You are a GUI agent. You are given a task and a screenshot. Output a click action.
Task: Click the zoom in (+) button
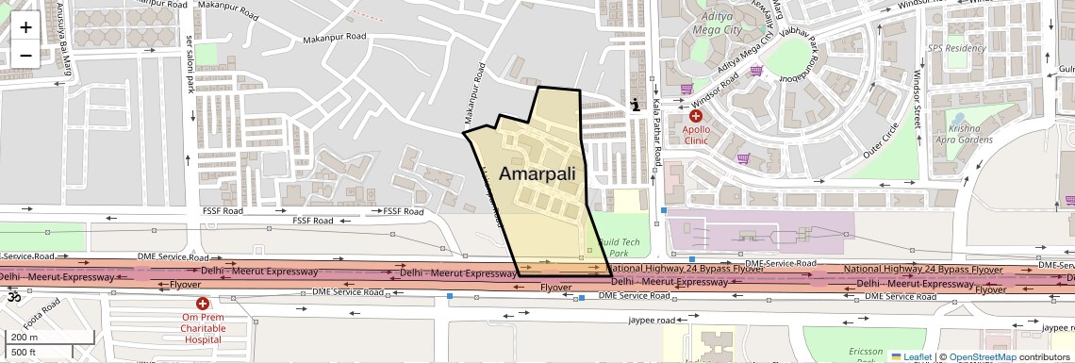[x=25, y=26]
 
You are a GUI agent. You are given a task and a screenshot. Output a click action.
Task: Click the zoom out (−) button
[x=25, y=55]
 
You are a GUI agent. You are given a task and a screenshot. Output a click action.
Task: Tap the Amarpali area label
[x=537, y=173]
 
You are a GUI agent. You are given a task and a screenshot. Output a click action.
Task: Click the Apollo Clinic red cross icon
[x=696, y=116]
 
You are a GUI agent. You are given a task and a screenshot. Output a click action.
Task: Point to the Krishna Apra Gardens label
[x=960, y=133]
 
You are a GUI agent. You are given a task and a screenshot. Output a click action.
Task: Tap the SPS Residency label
[x=955, y=48]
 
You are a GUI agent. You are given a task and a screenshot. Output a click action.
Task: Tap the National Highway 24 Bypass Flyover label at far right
[x=923, y=270]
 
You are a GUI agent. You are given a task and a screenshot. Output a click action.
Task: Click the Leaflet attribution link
[x=911, y=357]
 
